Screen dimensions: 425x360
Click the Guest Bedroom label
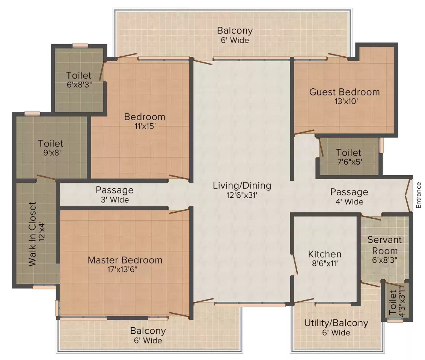[x=345, y=92]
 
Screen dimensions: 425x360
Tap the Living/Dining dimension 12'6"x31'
[x=242, y=195]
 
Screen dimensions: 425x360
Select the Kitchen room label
[x=325, y=254]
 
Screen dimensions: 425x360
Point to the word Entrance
[x=419, y=195]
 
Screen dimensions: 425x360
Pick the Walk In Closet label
[x=32, y=234]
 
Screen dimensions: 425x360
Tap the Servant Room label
[x=384, y=245]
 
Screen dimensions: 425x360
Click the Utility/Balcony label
[x=336, y=323]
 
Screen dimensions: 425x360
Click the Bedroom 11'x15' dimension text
[x=145, y=126]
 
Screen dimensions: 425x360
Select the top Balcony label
[x=235, y=30]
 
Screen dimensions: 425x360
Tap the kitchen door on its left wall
[x=295, y=265]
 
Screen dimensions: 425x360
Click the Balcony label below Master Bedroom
[x=148, y=331]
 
